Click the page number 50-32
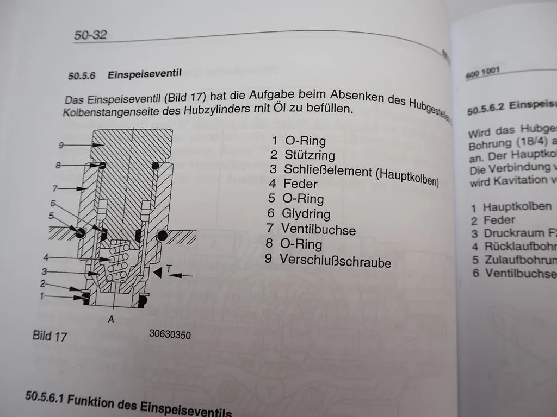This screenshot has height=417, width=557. [90, 36]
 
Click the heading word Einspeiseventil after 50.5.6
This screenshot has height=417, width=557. [144, 74]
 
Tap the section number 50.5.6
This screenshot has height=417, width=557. [82, 76]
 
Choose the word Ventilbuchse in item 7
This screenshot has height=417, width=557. [318, 229]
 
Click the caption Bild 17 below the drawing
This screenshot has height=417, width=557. [49, 336]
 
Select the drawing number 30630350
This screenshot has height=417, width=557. [170, 335]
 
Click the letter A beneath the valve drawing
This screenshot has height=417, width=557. [111, 320]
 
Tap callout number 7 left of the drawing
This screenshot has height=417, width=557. [55, 188]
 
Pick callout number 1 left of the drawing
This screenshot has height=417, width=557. [41, 296]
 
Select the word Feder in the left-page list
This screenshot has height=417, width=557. [300, 184]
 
